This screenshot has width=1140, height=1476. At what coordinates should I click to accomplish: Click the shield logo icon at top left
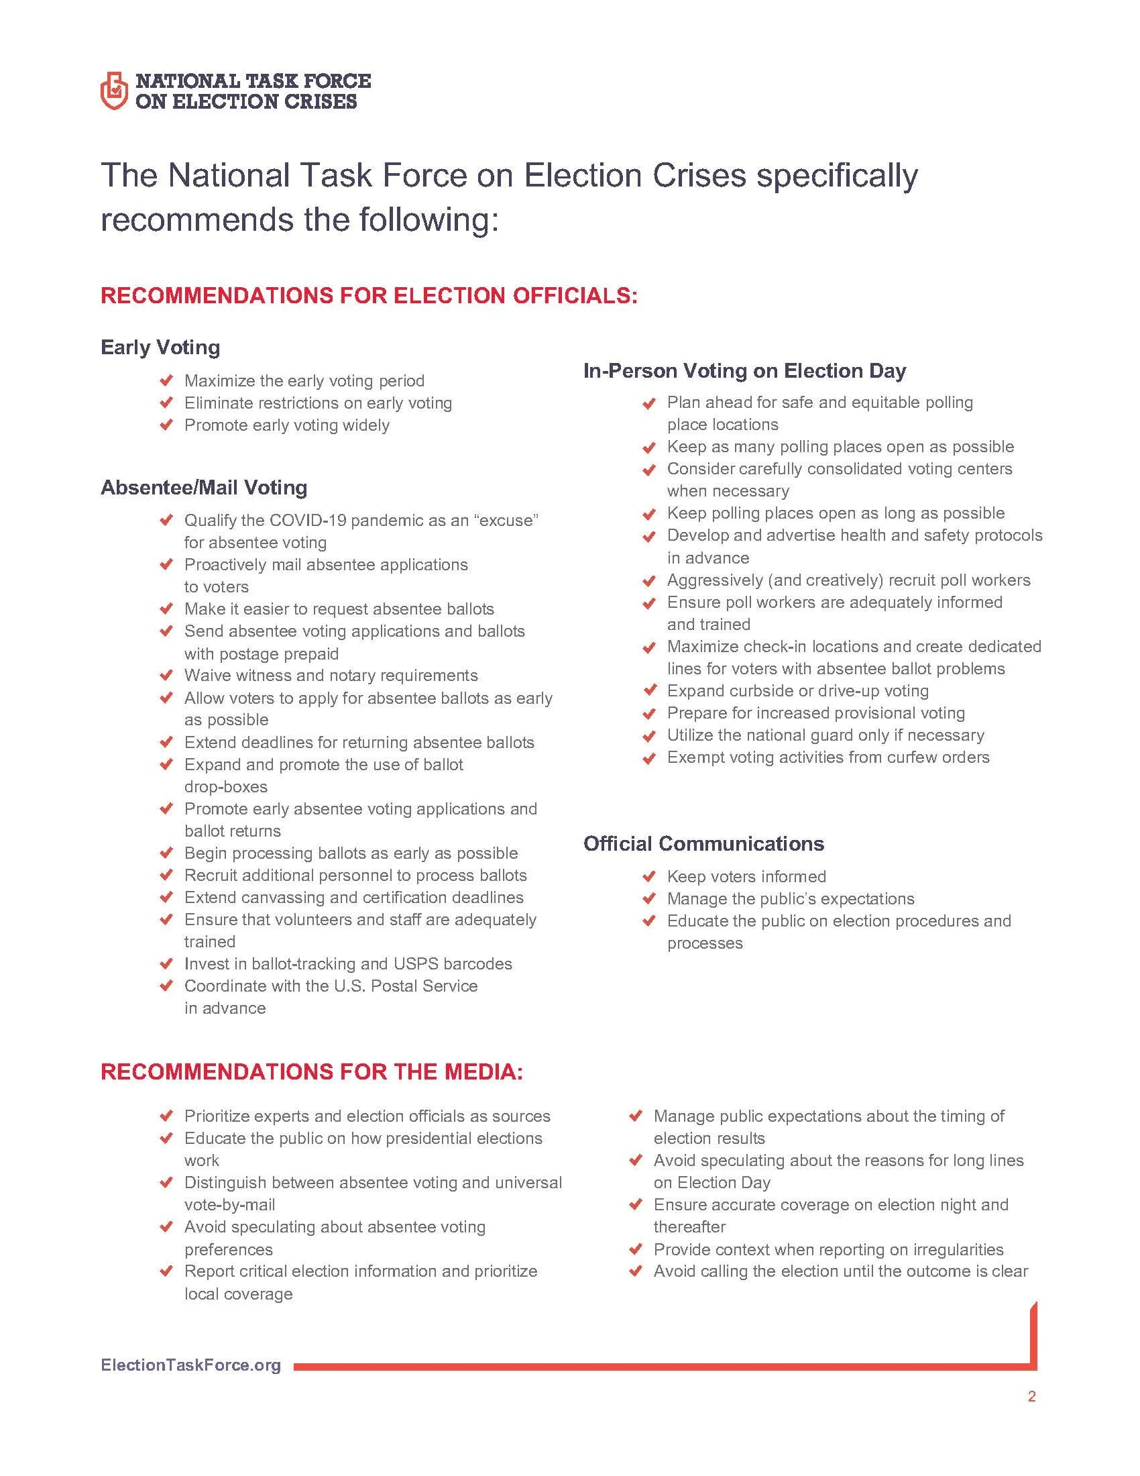113,91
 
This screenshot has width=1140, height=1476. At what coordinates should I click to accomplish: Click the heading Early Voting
160,348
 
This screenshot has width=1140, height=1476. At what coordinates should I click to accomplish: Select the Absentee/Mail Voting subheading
203,487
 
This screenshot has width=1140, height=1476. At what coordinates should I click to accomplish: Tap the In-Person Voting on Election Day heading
744,370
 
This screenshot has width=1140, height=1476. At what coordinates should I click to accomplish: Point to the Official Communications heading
703,843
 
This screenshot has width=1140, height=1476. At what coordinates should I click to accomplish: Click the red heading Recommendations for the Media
311,1072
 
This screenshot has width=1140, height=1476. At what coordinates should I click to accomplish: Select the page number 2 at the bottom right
1031,1396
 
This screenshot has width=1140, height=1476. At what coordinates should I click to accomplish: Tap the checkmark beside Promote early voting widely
166,425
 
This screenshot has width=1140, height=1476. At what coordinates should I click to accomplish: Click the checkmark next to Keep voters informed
648,877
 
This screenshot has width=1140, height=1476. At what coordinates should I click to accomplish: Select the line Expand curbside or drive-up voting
797,690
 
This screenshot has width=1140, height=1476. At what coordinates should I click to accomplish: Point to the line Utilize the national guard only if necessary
825,735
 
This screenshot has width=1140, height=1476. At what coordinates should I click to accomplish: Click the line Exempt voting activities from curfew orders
828,757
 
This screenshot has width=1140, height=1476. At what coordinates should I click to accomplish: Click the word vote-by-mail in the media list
229,1204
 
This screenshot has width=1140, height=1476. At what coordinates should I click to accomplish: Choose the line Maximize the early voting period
304,380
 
